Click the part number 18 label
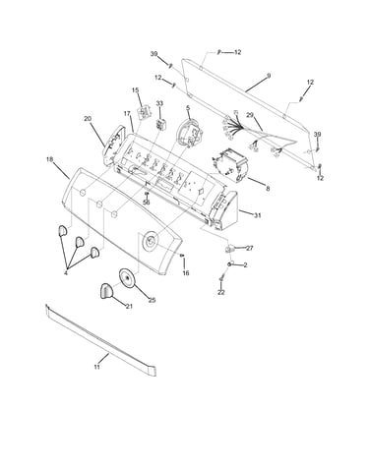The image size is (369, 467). [x=50, y=159]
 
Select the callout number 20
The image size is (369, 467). [x=88, y=119]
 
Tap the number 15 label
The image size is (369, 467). [x=136, y=90]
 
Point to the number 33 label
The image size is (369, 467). [x=159, y=103]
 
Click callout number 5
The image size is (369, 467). [x=188, y=107]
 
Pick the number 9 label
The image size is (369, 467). [x=269, y=76]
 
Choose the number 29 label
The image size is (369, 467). [x=250, y=115]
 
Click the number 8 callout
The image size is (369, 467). [x=268, y=189]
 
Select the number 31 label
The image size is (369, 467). [x=258, y=215]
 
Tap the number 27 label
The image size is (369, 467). [x=250, y=248]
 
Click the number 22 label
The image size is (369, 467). [x=221, y=292]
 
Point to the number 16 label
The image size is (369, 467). [x=186, y=273]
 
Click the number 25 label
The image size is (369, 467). [x=152, y=300]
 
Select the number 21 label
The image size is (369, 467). [x=129, y=306]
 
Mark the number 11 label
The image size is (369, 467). [x=96, y=367]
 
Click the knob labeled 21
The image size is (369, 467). [x=105, y=291]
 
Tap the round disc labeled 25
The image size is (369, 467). [x=126, y=278]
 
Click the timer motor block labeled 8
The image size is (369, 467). [x=230, y=165]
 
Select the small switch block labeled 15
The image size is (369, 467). [x=145, y=113]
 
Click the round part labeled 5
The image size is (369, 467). [x=189, y=133]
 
